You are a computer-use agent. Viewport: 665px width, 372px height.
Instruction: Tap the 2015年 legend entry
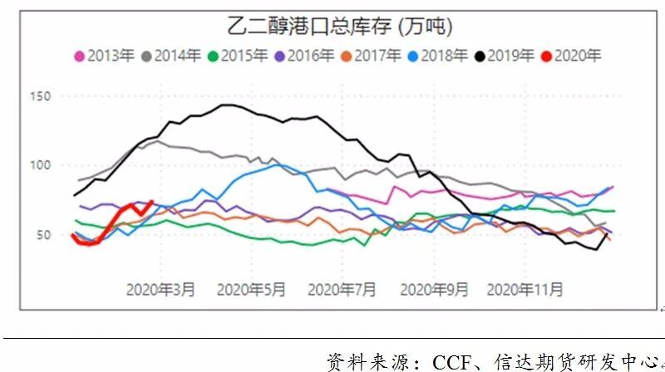coord(244,56)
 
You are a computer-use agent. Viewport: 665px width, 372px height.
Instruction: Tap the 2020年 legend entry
coord(577,56)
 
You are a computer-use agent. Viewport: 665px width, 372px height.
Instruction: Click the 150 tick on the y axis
coord(42,96)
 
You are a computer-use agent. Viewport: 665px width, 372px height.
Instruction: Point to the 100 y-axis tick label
coord(42,165)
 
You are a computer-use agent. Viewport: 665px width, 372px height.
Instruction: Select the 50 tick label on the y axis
coord(44,235)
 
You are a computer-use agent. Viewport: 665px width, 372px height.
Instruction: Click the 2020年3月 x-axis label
coord(161,290)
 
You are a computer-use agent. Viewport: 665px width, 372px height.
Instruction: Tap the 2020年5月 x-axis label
coord(251,290)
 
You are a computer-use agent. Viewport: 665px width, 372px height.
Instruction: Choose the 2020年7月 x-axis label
coord(342,290)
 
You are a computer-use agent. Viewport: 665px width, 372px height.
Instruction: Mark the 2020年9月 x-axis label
coord(433,290)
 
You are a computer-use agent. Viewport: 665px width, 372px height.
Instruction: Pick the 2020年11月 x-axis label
coord(524,290)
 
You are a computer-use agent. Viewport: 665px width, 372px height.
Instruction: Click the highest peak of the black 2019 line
coord(226,105)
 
